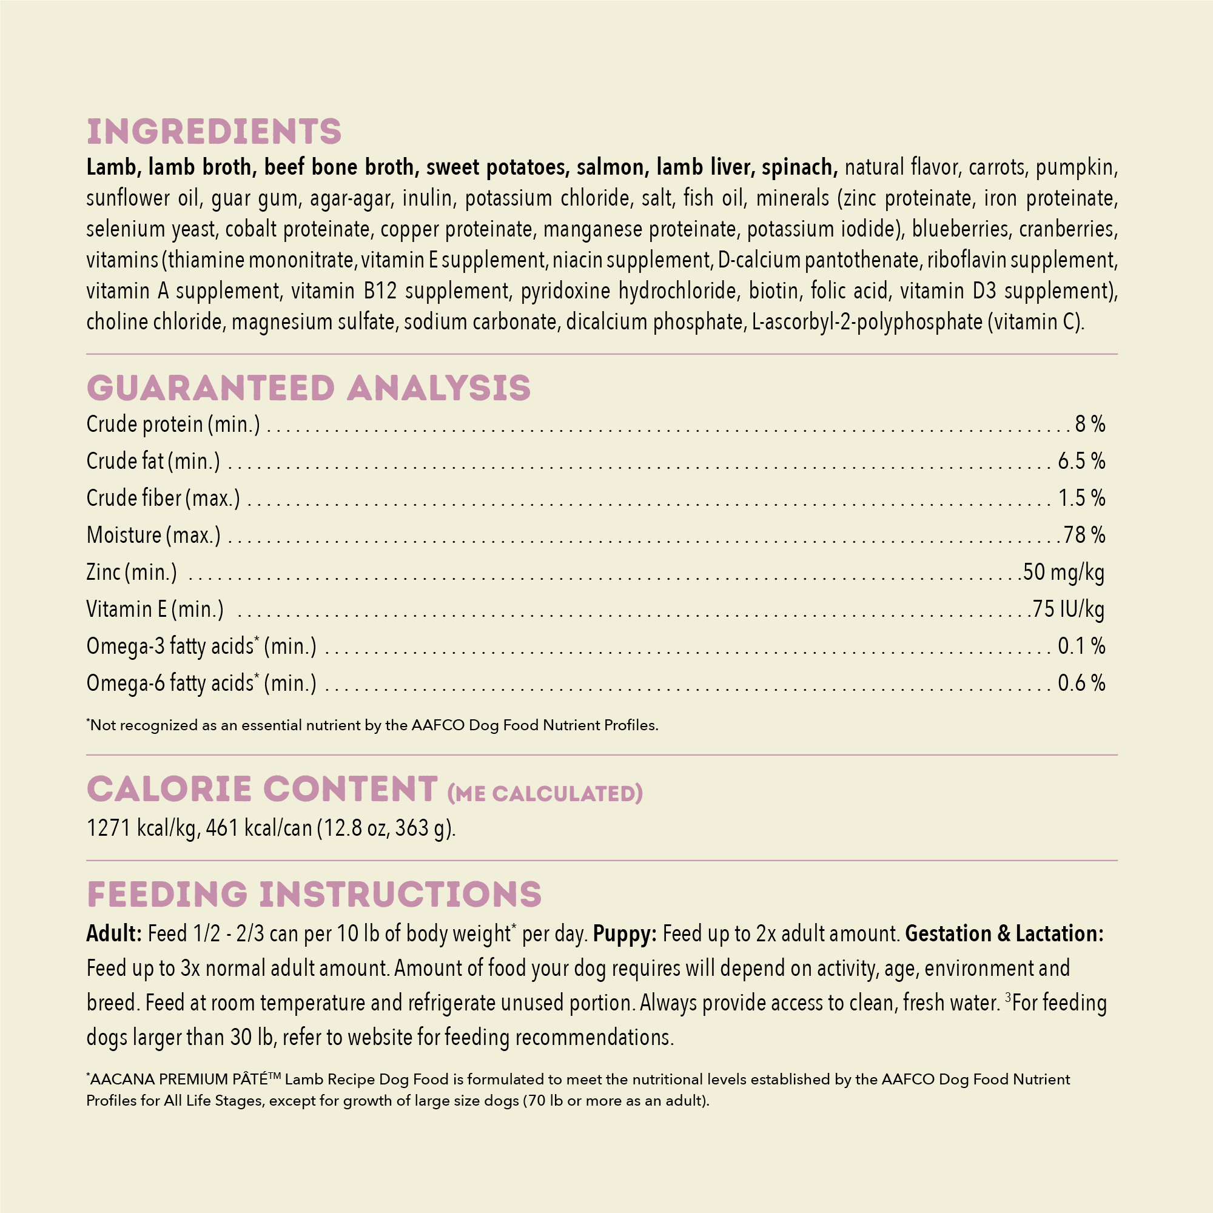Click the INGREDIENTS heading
click(x=214, y=132)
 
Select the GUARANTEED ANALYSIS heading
click(x=308, y=388)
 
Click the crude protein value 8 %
click(x=1090, y=425)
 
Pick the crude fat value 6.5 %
click(x=1081, y=462)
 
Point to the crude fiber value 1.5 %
click(x=1081, y=499)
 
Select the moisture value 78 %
click(x=1084, y=535)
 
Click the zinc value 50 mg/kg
click(x=1064, y=572)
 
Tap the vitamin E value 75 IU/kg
click(x=1068, y=609)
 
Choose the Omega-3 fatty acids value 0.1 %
click(x=1081, y=646)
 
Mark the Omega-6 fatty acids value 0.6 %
click(x=1081, y=683)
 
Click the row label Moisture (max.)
click(x=153, y=535)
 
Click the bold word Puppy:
click(x=625, y=933)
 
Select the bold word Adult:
click(x=114, y=933)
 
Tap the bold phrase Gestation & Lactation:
click(x=1004, y=933)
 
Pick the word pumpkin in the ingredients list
click(x=1076, y=167)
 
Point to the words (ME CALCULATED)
click(x=545, y=793)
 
